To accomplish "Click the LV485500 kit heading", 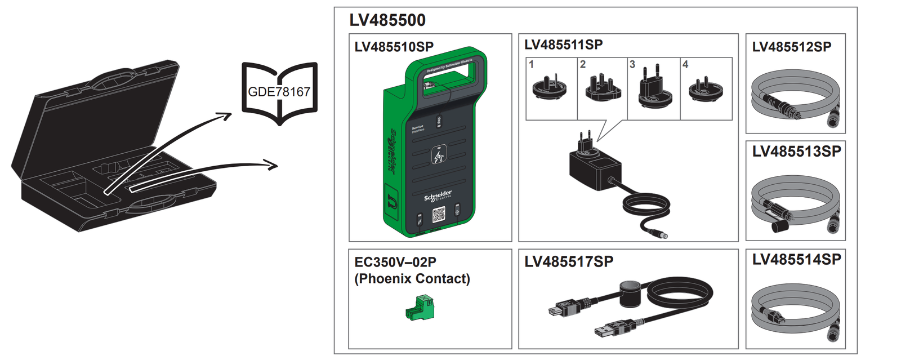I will (387, 20).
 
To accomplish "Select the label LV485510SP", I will (394, 47).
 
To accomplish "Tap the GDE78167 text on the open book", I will (279, 92).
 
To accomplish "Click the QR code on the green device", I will (439, 215).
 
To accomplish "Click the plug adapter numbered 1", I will (549, 87).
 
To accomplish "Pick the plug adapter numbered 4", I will (706, 89).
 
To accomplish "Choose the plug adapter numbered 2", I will (603, 88).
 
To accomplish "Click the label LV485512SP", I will (791, 47).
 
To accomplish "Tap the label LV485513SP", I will (796, 152).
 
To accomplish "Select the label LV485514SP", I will (796, 260).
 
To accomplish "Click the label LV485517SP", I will (569, 262).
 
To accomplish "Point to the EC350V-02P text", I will (395, 263).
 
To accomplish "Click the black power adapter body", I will (594, 172).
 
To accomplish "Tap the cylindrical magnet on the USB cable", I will (631, 294).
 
